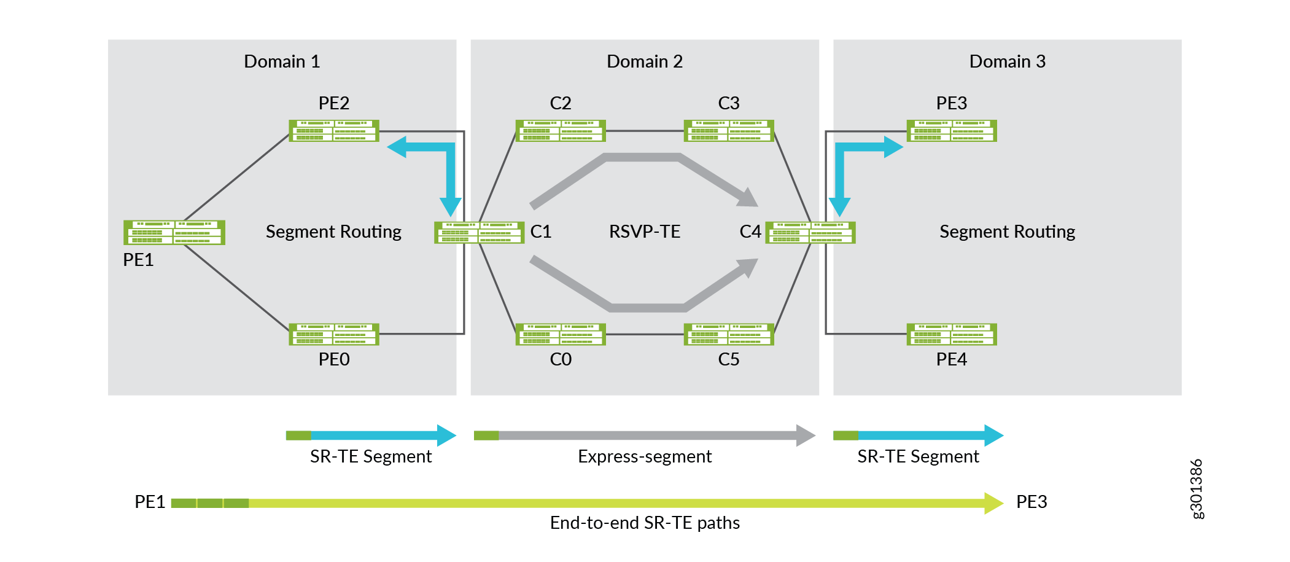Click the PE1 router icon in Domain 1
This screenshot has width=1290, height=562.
point(174,232)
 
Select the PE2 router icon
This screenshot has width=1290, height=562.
point(334,131)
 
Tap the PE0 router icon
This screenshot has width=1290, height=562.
point(334,334)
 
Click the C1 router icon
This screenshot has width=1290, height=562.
point(479,232)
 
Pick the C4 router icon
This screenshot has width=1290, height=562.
point(810,232)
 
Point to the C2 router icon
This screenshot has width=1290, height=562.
point(561,131)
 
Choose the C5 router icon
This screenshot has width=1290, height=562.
point(729,334)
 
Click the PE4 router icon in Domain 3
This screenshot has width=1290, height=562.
point(952,334)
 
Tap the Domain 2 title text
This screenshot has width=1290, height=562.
point(644,61)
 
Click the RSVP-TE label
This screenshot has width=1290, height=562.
point(644,232)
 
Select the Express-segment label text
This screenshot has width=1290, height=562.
point(644,456)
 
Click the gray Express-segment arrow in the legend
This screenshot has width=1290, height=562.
point(645,435)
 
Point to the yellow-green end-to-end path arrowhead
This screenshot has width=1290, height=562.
point(993,503)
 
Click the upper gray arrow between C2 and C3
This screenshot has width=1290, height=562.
point(642,158)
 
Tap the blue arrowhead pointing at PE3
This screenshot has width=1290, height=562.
point(893,147)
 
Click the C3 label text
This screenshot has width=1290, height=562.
point(729,103)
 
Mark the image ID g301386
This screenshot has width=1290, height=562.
point(1197,489)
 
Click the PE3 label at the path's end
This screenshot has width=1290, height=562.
point(1032,502)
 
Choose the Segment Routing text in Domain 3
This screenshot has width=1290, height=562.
point(1007,232)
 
